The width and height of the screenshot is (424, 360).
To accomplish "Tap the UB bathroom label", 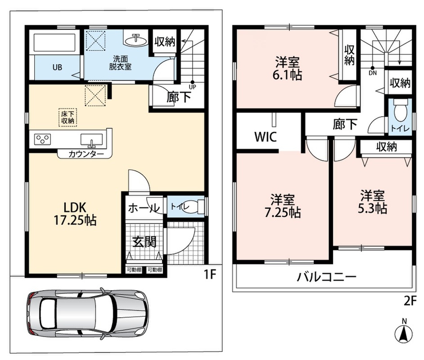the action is point(57,67).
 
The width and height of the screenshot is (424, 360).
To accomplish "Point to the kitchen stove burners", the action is point(43,139).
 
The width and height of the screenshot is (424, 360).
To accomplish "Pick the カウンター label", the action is point(86,154).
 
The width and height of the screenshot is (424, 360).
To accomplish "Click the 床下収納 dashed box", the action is point(68,117).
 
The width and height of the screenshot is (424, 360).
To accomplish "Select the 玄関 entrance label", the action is point(144,242).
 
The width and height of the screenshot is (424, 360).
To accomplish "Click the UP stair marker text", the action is point(193,87).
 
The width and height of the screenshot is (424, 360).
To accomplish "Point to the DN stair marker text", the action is point(373,73).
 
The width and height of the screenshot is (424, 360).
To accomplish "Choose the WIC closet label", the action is point(266,137).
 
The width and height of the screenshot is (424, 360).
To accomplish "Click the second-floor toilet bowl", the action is point(401,112).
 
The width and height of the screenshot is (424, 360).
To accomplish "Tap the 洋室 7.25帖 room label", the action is point(283,206).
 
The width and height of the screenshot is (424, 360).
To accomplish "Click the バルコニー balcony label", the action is point(327,277).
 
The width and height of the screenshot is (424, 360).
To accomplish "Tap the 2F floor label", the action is point(410,301).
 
